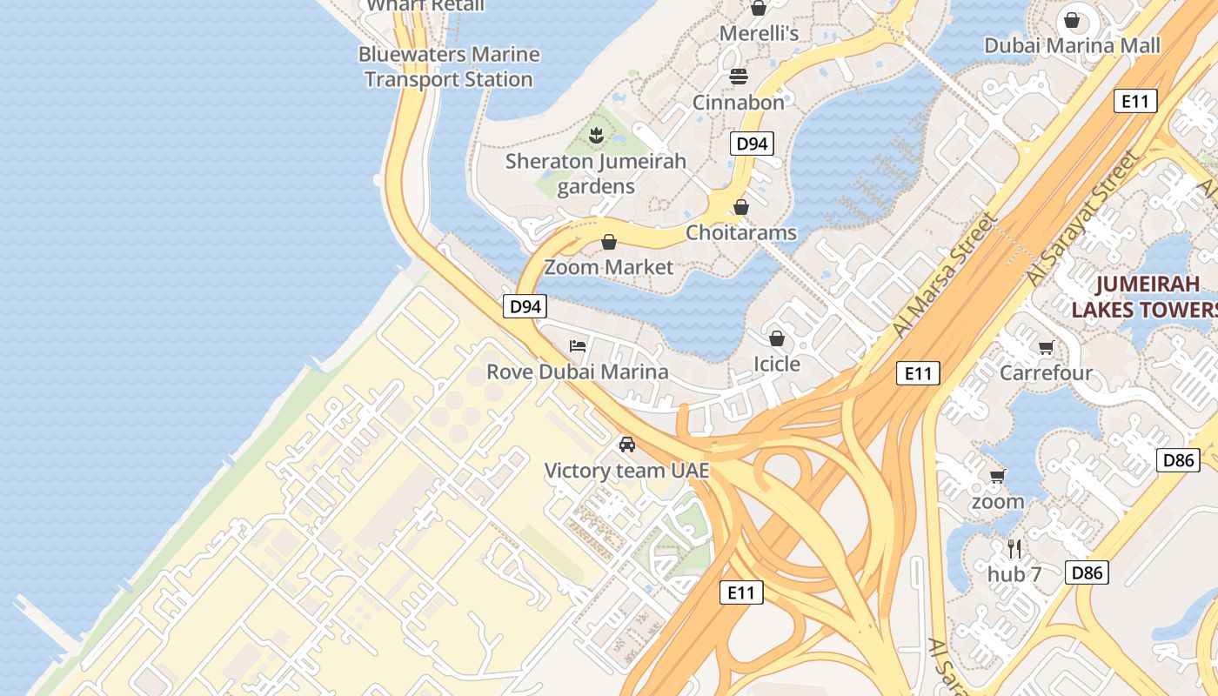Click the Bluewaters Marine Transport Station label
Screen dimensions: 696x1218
[x=449, y=67]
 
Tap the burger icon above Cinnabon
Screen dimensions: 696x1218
[x=739, y=77]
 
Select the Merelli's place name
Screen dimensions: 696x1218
[x=759, y=33]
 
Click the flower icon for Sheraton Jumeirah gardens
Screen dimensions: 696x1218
[x=596, y=136]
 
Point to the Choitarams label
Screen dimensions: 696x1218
[x=741, y=232]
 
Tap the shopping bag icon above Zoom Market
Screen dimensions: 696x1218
[x=609, y=242]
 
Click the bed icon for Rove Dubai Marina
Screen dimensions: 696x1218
[x=578, y=345]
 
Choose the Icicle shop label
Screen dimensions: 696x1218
[x=776, y=364]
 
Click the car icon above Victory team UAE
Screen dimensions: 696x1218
[x=626, y=445]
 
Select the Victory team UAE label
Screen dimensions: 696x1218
[x=626, y=471]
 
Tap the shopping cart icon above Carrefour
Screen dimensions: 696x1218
[x=1046, y=348]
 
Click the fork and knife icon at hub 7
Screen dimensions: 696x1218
[x=1014, y=548]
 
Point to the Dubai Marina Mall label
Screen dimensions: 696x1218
[x=1072, y=45]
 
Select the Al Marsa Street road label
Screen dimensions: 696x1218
[x=943, y=276]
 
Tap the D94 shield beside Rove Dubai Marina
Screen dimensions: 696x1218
[x=525, y=306]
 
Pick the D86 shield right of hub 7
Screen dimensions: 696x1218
[x=1087, y=572]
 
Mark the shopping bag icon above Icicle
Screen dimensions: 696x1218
[x=776, y=338]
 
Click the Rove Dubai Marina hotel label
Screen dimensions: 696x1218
[x=578, y=371]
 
